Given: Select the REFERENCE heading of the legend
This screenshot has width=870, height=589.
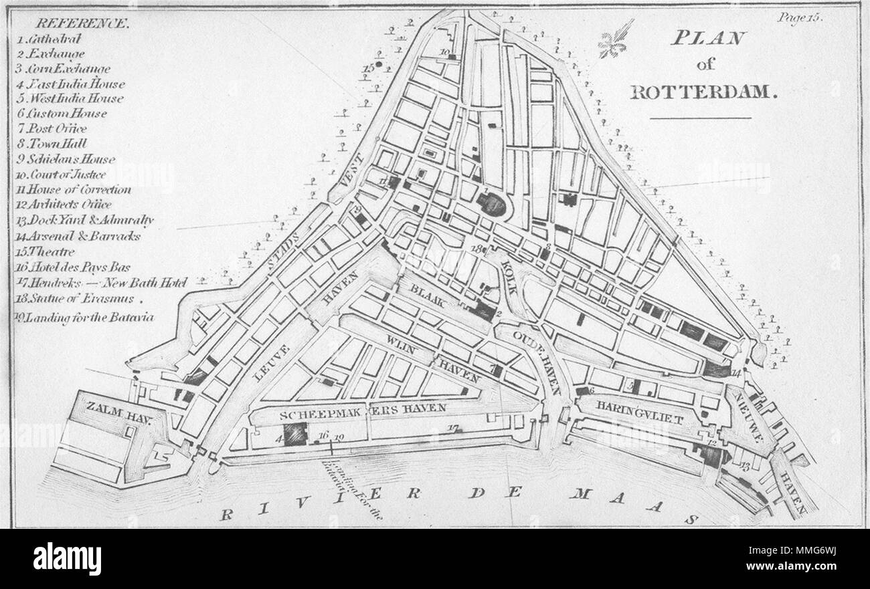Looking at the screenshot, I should (x=84, y=23).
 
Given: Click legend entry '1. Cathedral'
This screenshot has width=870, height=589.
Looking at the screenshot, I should (x=54, y=39).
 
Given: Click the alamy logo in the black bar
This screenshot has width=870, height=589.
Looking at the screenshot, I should (x=67, y=558).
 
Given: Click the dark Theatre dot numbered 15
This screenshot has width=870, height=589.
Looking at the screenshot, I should (x=379, y=65).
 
